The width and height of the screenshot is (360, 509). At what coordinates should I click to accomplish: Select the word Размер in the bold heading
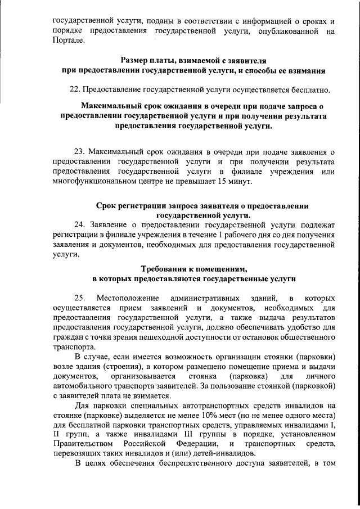137,60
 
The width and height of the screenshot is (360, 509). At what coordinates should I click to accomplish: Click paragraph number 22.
74,89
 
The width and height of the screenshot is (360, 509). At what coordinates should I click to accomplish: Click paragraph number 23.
80,151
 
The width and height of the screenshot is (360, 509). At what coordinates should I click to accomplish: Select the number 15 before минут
223,182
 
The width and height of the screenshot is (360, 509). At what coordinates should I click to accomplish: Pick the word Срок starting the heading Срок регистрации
107,206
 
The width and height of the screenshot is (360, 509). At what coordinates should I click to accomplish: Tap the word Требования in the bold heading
164,269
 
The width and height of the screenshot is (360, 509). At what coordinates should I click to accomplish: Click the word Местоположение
127,298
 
